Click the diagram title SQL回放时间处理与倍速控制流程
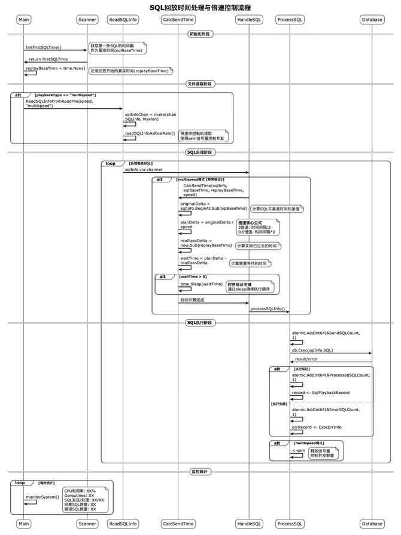200,7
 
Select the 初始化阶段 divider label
200,34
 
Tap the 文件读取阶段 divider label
200,84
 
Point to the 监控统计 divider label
200,472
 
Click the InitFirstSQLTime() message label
43,47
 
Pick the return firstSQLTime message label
48,59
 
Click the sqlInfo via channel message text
143,170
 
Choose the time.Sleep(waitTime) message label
201,284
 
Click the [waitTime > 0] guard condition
193,277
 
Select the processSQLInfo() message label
268,309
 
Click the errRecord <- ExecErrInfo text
317,427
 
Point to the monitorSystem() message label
42,497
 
